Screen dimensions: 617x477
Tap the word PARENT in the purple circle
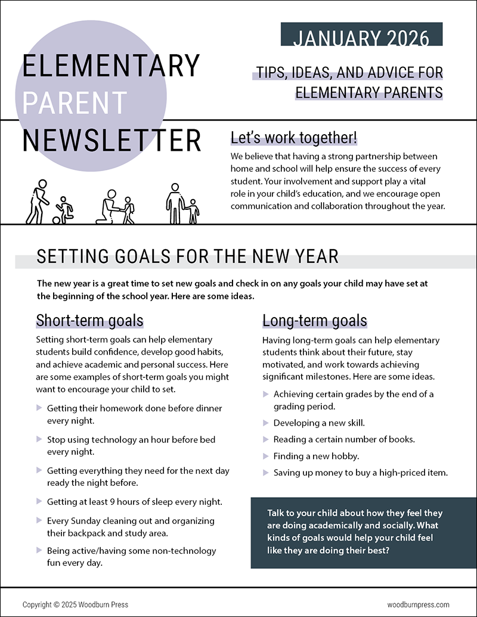[x=75, y=103]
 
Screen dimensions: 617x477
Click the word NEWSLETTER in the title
[x=111, y=140]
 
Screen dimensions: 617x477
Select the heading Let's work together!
[x=294, y=138]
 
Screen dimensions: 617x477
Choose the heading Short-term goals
[x=89, y=320]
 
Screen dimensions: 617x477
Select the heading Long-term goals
[x=314, y=321]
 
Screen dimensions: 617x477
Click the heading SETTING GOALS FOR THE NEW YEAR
[x=187, y=256]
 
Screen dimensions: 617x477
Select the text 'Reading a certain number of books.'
[x=344, y=439]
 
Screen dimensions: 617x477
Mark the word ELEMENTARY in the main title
[x=111, y=66]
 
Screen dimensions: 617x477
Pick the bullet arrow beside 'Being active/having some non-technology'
[x=39, y=550]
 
